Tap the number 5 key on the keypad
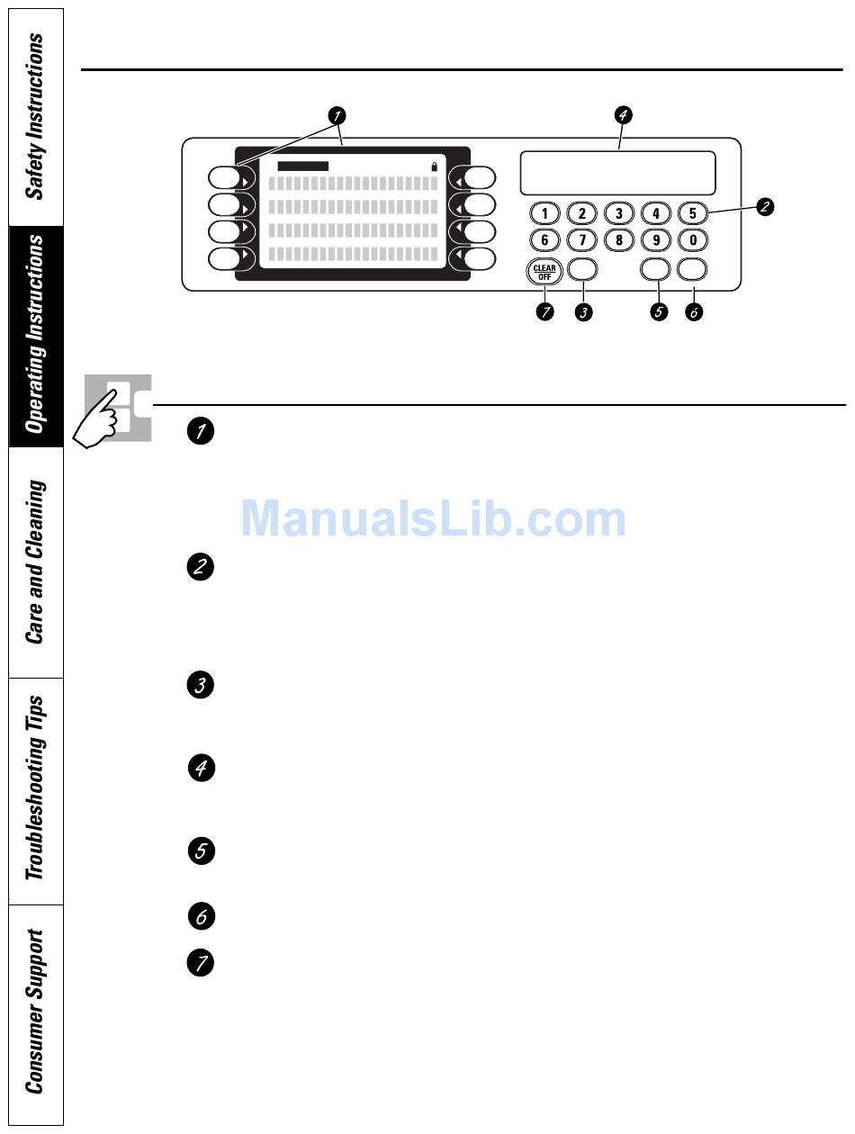click(692, 213)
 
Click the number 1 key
click(544, 213)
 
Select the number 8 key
click(618, 240)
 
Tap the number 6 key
click(544, 240)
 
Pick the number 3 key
click(618, 213)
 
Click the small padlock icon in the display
click(436, 166)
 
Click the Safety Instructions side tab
click(34, 117)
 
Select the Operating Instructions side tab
click(34, 335)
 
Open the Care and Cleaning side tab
click(34, 562)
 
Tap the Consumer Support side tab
click(34, 1012)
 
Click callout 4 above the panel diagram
click(623, 114)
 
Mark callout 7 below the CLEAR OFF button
click(544, 312)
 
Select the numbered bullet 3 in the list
click(201, 686)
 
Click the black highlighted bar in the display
click(303, 166)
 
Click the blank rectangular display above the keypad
click(618, 172)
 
